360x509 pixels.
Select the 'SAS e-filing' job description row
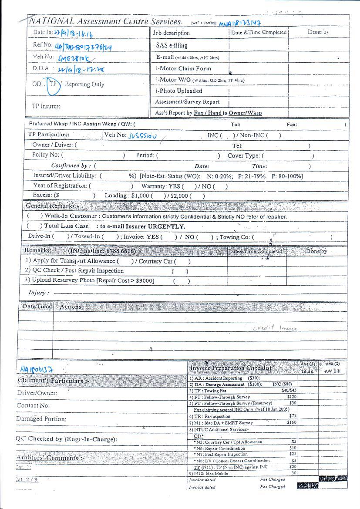[172, 45]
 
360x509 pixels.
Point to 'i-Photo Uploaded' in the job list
[179, 91]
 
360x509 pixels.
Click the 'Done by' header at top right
[318, 32]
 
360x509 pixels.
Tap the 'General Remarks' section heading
[52, 206]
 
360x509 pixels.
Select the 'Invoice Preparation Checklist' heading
[231, 368]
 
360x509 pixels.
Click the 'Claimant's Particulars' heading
[52, 381]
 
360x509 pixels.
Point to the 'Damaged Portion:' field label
[41, 419]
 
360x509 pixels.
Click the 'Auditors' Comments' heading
[50, 458]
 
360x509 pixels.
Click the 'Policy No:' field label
[45, 155]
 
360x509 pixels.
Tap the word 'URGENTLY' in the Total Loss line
[167, 226]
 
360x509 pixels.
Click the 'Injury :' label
[38, 293]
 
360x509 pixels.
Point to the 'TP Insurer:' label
[46, 106]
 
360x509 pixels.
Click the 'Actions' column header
[71, 307]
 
